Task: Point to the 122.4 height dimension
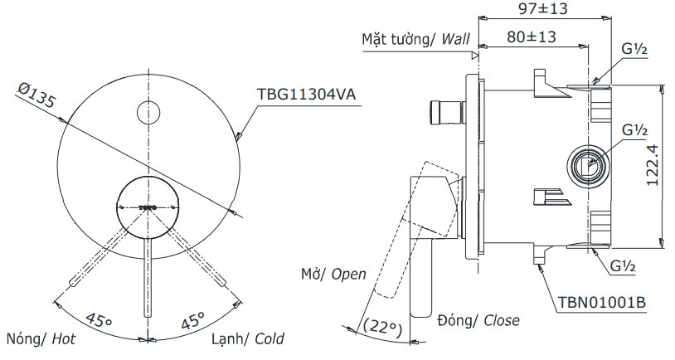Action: (650, 166)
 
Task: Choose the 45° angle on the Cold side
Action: (194, 319)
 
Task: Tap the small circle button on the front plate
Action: (148, 111)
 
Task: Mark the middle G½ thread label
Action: (634, 130)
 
